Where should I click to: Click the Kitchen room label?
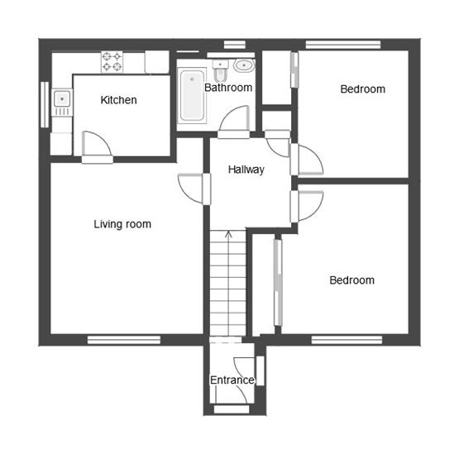pos(118,100)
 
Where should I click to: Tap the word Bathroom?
pos(228,87)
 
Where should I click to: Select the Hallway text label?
pos(246,170)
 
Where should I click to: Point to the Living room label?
pos(122,224)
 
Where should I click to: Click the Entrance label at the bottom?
pos(232,380)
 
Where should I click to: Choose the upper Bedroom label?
pos(362,89)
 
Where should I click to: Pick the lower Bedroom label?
pos(351,280)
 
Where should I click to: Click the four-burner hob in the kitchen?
pos(112,61)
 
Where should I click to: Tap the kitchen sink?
pos(61,101)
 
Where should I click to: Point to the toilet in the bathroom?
pos(220,66)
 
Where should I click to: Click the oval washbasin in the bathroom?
pos(244,65)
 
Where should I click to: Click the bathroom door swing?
pos(235,120)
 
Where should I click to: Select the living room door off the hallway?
pos(191,187)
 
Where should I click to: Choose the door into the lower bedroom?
pos(308,204)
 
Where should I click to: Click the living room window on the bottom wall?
pos(124,338)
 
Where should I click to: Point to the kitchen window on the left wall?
pos(45,103)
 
